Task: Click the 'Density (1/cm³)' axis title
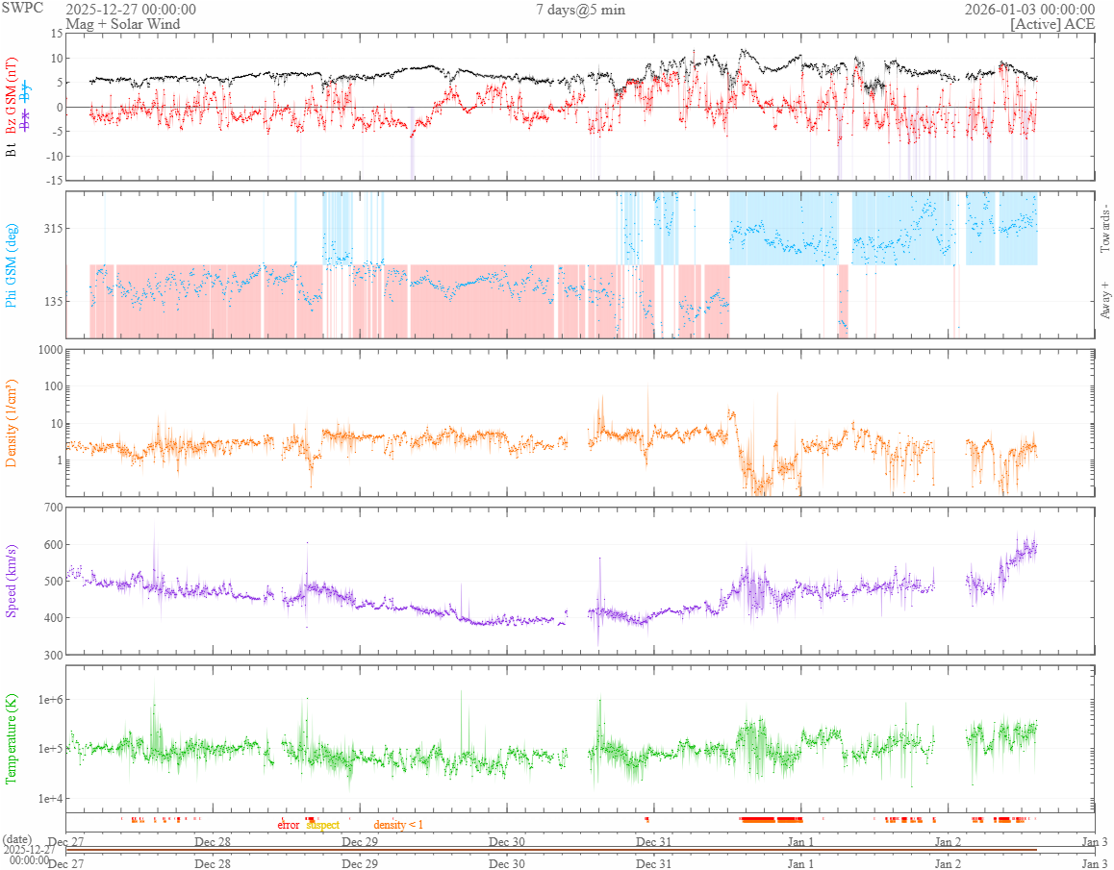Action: click(x=13, y=422)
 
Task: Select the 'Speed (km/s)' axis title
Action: click(x=13, y=581)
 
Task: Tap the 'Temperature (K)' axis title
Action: click(x=13, y=740)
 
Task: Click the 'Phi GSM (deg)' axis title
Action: click(x=13, y=264)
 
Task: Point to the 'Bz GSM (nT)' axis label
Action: click(x=13, y=87)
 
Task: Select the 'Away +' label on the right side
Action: click(x=1105, y=299)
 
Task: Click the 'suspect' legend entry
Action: click(x=322, y=825)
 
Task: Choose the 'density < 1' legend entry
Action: click(x=398, y=825)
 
